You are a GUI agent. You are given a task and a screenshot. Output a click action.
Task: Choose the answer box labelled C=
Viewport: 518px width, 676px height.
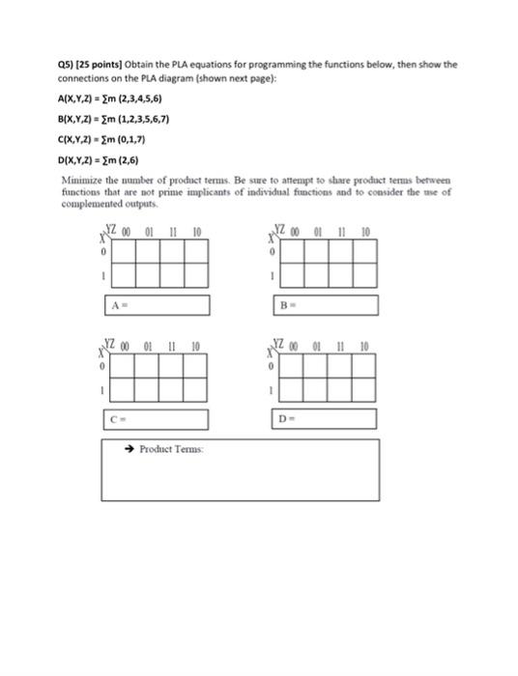pyautogui.click(x=156, y=419)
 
